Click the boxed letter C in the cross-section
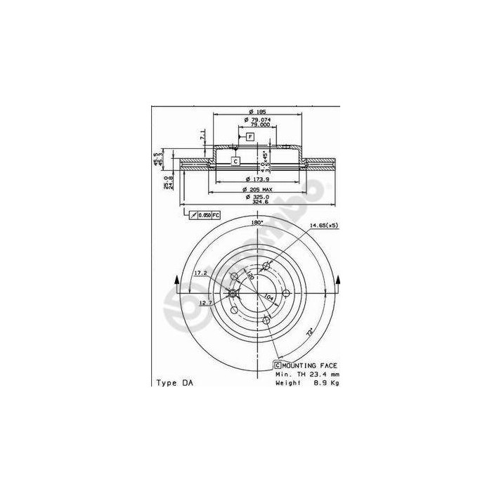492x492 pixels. tap(235, 161)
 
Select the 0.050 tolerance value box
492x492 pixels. tap(204, 214)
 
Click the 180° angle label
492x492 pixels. tap(257, 223)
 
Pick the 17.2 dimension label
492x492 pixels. tap(200, 273)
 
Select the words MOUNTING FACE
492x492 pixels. tap(310, 366)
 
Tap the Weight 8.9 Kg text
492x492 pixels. tap(306, 383)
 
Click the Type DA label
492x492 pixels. tap(171, 383)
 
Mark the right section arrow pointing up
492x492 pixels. tap(339, 283)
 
